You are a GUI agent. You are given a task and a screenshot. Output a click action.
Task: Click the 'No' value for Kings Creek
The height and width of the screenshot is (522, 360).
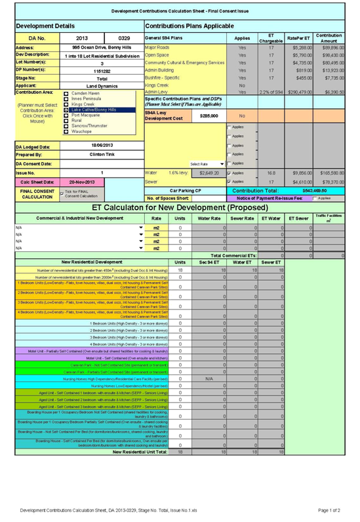click(242, 85)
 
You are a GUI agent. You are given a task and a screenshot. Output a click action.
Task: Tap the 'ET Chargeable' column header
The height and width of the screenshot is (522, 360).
click(271, 37)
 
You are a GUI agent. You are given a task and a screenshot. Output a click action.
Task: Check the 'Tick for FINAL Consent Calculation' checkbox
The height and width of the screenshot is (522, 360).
click(61, 192)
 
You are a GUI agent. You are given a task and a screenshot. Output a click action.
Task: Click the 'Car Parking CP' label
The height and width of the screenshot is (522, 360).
click(186, 190)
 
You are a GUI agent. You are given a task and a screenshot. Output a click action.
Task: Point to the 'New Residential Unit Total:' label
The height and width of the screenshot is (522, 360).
click(140, 451)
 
